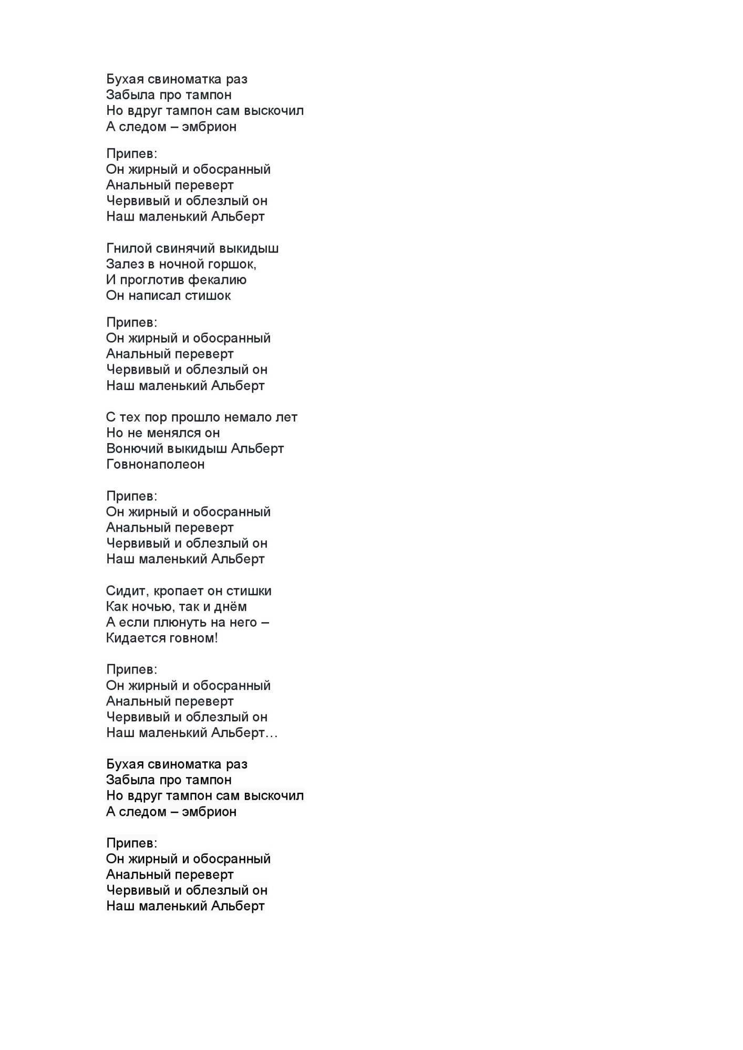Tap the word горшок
[x=233, y=264]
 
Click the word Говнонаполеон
[x=155, y=465]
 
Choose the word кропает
[x=171, y=592]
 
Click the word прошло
[x=195, y=418]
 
